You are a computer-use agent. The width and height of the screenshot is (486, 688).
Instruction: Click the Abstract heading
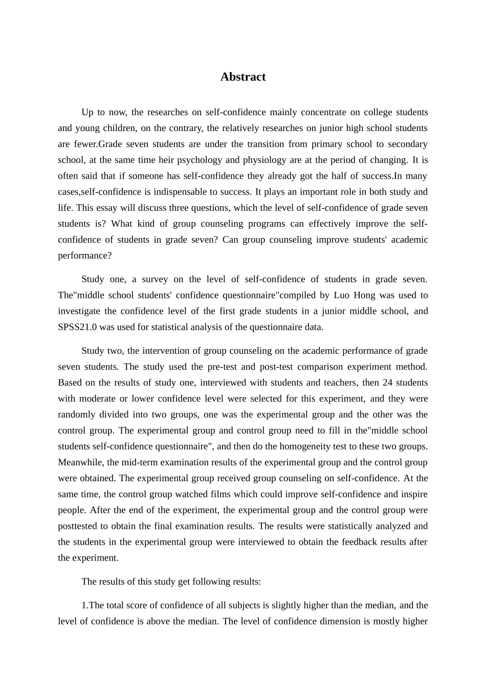point(242,77)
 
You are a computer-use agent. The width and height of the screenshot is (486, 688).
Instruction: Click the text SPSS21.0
point(77,327)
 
